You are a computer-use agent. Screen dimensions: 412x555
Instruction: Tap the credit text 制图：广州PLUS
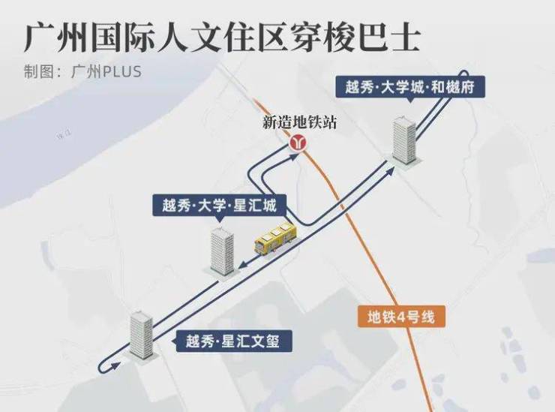[82, 72]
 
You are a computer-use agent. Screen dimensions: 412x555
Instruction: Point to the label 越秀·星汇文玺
[232, 342]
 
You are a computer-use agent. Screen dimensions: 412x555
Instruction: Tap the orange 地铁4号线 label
[403, 317]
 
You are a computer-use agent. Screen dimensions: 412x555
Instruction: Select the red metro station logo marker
[299, 143]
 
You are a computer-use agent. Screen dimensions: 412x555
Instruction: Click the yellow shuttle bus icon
[275, 238]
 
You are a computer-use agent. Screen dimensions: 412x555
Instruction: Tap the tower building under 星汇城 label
[222, 251]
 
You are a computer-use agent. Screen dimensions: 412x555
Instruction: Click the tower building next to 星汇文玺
[141, 335]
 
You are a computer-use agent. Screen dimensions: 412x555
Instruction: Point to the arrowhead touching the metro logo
[289, 154]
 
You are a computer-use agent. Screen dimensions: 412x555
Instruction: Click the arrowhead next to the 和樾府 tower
[391, 171]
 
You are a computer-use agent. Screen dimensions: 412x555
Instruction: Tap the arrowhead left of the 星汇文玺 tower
[113, 365]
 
